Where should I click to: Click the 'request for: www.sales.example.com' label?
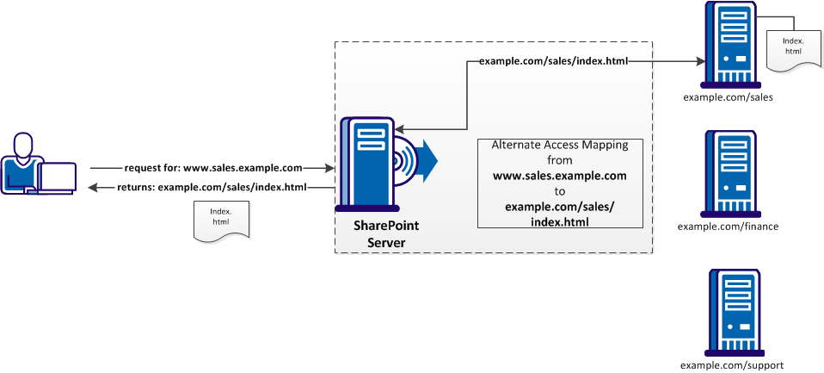coord(213,167)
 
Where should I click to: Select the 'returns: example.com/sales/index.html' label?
coord(212,187)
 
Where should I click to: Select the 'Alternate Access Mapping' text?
coord(560,146)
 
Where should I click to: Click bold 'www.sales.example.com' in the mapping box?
coord(560,175)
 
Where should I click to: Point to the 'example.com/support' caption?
coord(731,365)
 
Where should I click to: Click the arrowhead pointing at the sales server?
coord(698,61)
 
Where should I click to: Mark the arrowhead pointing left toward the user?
coord(94,187)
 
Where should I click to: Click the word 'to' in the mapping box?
coord(560,190)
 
